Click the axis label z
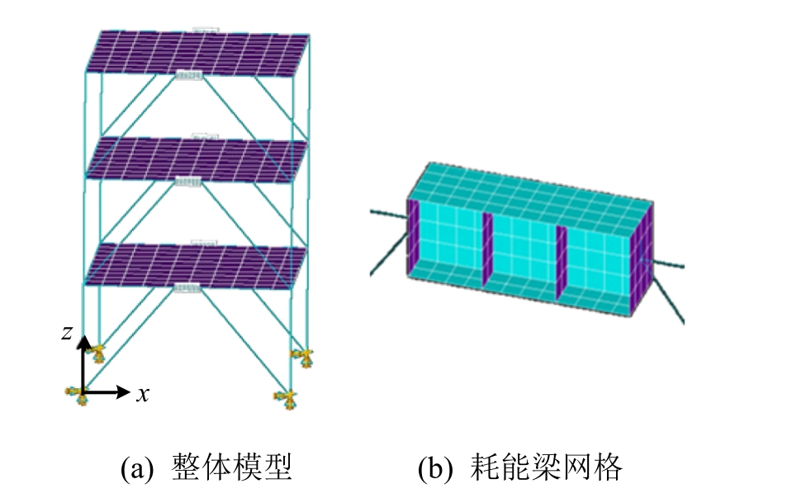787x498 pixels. (65, 333)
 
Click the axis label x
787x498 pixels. (143, 395)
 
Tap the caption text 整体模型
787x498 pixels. (231, 468)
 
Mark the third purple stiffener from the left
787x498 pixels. (562, 258)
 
